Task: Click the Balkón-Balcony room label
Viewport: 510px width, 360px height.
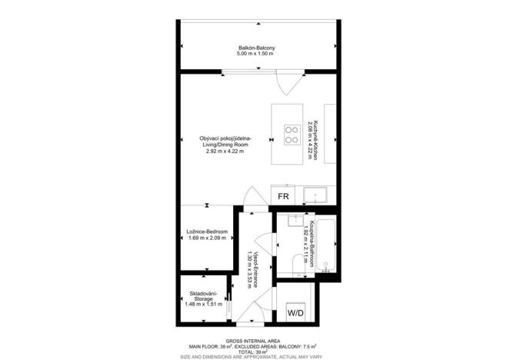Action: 256,48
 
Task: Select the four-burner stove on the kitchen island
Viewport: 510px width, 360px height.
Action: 292,135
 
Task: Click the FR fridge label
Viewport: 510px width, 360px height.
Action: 283,197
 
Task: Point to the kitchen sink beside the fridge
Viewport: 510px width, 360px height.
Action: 316,195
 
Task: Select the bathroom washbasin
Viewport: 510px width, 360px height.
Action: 294,223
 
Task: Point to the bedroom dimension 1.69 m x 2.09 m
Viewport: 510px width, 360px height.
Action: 206,238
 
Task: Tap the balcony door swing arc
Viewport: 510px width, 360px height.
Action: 283,84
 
